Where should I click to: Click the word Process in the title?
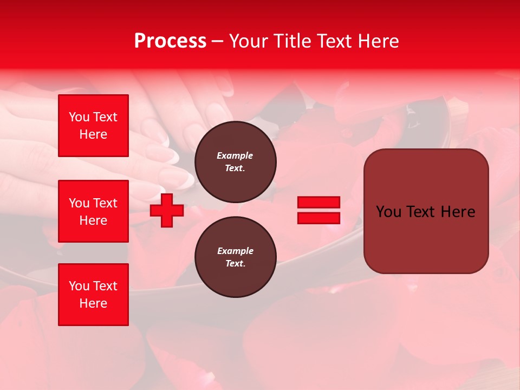point(170,41)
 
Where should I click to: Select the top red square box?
point(93,126)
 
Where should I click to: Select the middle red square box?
point(93,211)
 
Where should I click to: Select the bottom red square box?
point(93,295)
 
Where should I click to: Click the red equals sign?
point(318,210)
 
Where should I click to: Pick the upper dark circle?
point(235,162)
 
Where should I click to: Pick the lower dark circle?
point(235,257)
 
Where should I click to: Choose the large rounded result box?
point(426,211)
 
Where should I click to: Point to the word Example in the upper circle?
point(235,155)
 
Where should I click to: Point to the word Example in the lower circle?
point(235,251)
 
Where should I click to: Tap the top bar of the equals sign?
point(318,202)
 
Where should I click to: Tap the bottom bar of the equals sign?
point(318,218)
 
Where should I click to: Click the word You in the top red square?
point(79,117)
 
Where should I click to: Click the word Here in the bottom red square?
point(93,303)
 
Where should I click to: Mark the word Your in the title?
point(248,41)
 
